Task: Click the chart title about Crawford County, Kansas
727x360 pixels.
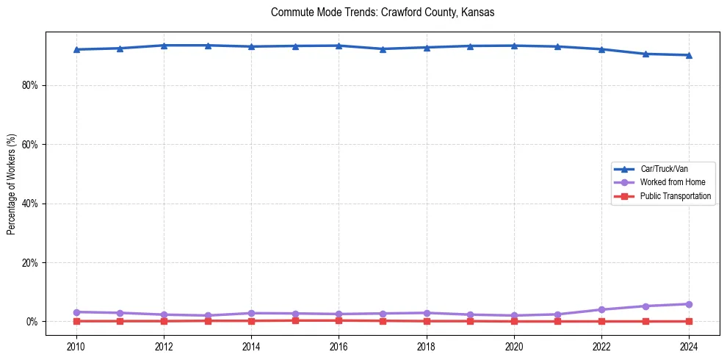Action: click(x=383, y=12)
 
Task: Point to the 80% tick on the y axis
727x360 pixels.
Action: click(x=30, y=85)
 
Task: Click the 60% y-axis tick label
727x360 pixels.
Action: click(x=30, y=145)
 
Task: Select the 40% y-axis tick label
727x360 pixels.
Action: click(x=30, y=204)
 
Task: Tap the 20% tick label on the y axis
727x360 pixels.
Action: click(x=30, y=263)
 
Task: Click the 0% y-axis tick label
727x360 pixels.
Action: click(x=32, y=322)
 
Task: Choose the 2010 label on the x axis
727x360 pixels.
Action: click(x=76, y=346)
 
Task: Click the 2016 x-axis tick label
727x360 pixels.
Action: click(x=339, y=346)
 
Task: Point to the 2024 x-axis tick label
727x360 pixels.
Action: click(x=689, y=346)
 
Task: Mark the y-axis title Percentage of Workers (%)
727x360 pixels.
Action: click(x=12, y=184)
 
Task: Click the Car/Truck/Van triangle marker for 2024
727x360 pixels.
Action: click(x=689, y=55)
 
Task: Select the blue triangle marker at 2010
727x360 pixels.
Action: click(x=76, y=49)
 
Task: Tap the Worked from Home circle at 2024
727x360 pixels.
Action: click(x=689, y=304)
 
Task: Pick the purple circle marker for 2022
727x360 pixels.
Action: click(x=601, y=309)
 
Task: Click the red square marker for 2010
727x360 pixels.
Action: click(x=76, y=321)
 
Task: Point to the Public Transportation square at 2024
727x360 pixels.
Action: click(x=689, y=321)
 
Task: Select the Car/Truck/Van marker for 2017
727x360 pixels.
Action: click(x=383, y=49)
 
